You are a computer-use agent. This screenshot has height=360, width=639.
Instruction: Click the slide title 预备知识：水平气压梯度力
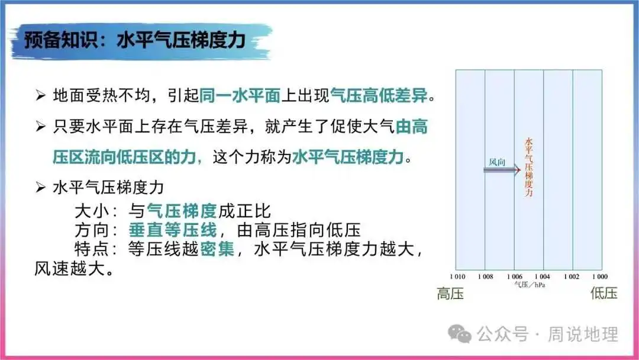tap(135, 40)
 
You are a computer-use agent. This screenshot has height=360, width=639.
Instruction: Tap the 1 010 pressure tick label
tap(457, 277)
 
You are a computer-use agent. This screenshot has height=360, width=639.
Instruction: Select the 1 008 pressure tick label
tap(485, 277)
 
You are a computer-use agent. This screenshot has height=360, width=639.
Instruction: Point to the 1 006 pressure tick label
tap(514, 277)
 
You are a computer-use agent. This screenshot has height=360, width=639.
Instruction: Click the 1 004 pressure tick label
tap(543, 277)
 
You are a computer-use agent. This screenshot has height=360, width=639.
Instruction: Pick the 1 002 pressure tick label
tap(572, 277)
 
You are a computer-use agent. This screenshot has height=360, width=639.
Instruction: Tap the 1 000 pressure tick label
tap(600, 277)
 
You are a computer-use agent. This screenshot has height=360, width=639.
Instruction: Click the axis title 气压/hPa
tap(530, 285)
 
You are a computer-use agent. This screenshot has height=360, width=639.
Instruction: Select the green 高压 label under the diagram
tap(450, 294)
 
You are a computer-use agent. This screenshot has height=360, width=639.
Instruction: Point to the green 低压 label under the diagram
tap(604, 293)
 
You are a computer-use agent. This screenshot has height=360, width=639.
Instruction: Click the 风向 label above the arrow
tap(497, 162)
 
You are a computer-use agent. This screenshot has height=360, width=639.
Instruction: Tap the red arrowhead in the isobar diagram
tap(518, 170)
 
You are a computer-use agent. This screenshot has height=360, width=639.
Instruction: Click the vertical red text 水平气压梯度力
tap(528, 167)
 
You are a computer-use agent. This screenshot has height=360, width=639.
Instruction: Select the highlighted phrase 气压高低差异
tap(379, 95)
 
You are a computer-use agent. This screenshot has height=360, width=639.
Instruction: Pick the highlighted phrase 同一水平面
tap(240, 95)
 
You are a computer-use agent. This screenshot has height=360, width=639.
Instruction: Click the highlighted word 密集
tap(217, 249)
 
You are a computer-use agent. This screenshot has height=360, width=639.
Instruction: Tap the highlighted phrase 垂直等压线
tap(173, 230)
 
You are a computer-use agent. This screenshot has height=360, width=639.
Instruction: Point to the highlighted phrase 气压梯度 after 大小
tap(182, 211)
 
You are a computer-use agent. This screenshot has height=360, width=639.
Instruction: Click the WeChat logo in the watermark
tap(460, 334)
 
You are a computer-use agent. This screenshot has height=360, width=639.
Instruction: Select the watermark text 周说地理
tap(583, 335)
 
